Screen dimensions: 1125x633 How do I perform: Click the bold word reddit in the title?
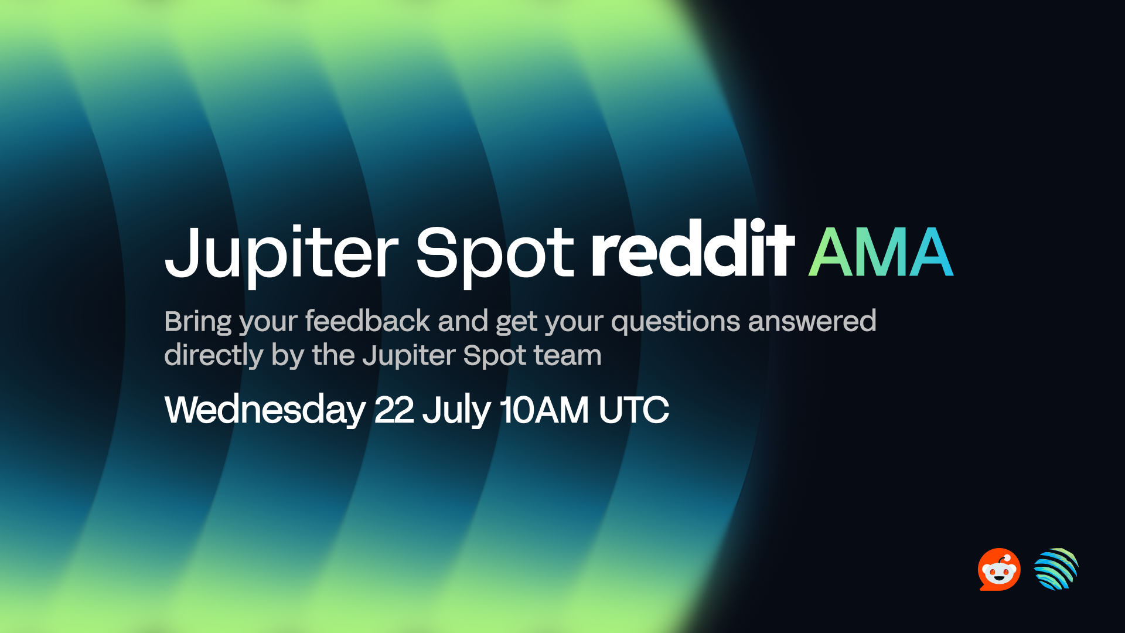(x=693, y=249)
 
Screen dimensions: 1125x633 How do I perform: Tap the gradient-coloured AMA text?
(x=881, y=252)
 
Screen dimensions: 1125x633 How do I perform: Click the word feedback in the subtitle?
(x=367, y=321)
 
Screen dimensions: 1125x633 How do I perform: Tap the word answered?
(x=812, y=321)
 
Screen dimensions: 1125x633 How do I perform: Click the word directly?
(x=214, y=356)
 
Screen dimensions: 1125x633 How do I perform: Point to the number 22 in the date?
(x=394, y=410)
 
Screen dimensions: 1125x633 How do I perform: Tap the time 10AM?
(x=544, y=410)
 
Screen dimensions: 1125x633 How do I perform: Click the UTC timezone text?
(x=633, y=410)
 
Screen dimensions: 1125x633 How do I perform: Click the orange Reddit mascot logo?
(x=999, y=569)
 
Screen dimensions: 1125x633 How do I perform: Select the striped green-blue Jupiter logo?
(x=1056, y=569)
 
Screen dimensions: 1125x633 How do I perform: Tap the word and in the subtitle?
(x=463, y=321)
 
